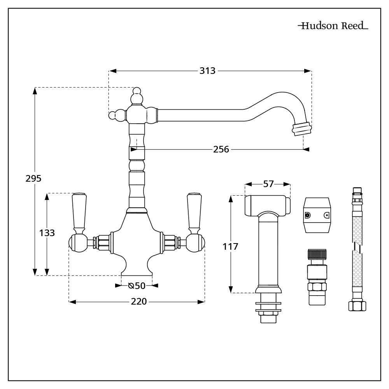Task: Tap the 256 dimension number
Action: (221, 149)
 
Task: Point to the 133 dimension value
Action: (47, 233)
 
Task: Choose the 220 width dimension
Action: (138, 301)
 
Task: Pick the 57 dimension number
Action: (268, 184)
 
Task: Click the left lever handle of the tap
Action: (79, 212)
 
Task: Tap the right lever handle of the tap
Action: (193, 212)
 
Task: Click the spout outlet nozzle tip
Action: (302, 129)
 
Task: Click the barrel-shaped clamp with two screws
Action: (318, 215)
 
